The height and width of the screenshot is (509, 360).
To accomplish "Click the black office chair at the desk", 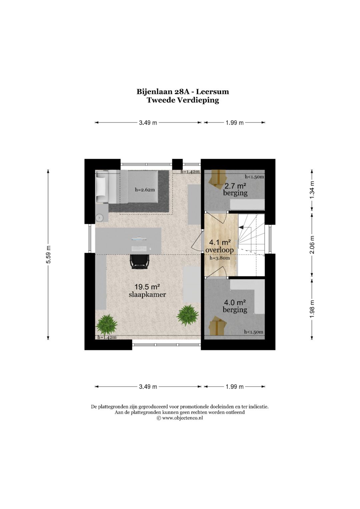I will point(139,261).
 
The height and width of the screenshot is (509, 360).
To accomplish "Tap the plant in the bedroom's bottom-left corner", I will point(106,324).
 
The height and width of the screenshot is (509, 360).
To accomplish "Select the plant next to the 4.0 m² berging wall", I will point(188,315).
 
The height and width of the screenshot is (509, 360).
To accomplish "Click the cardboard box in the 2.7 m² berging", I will point(217,178).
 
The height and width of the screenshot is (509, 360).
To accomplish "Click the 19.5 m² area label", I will point(147,287).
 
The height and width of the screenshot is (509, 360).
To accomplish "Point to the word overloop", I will point(219,250).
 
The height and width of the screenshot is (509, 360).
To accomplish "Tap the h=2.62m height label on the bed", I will point(145,190).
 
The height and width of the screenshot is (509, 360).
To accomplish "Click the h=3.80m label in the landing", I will point(220,258).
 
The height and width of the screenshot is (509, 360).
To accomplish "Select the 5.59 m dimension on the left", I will point(48,254).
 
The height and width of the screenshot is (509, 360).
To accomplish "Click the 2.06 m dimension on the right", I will point(312,245).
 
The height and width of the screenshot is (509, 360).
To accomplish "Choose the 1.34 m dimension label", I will point(312,190).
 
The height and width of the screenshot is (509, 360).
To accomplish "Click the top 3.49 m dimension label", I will point(148,123).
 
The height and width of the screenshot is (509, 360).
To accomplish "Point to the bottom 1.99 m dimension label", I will point(235,387).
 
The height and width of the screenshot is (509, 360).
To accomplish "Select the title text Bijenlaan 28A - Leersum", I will point(183,92).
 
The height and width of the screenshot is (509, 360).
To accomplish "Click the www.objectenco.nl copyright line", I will point(180,418).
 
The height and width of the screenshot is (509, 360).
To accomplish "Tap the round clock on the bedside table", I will point(100,218).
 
